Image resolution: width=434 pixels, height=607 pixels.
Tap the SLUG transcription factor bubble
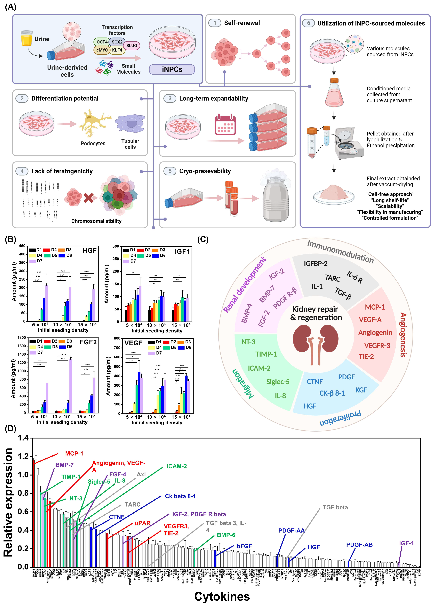[132, 45]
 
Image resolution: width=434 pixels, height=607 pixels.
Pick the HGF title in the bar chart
[89, 250]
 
